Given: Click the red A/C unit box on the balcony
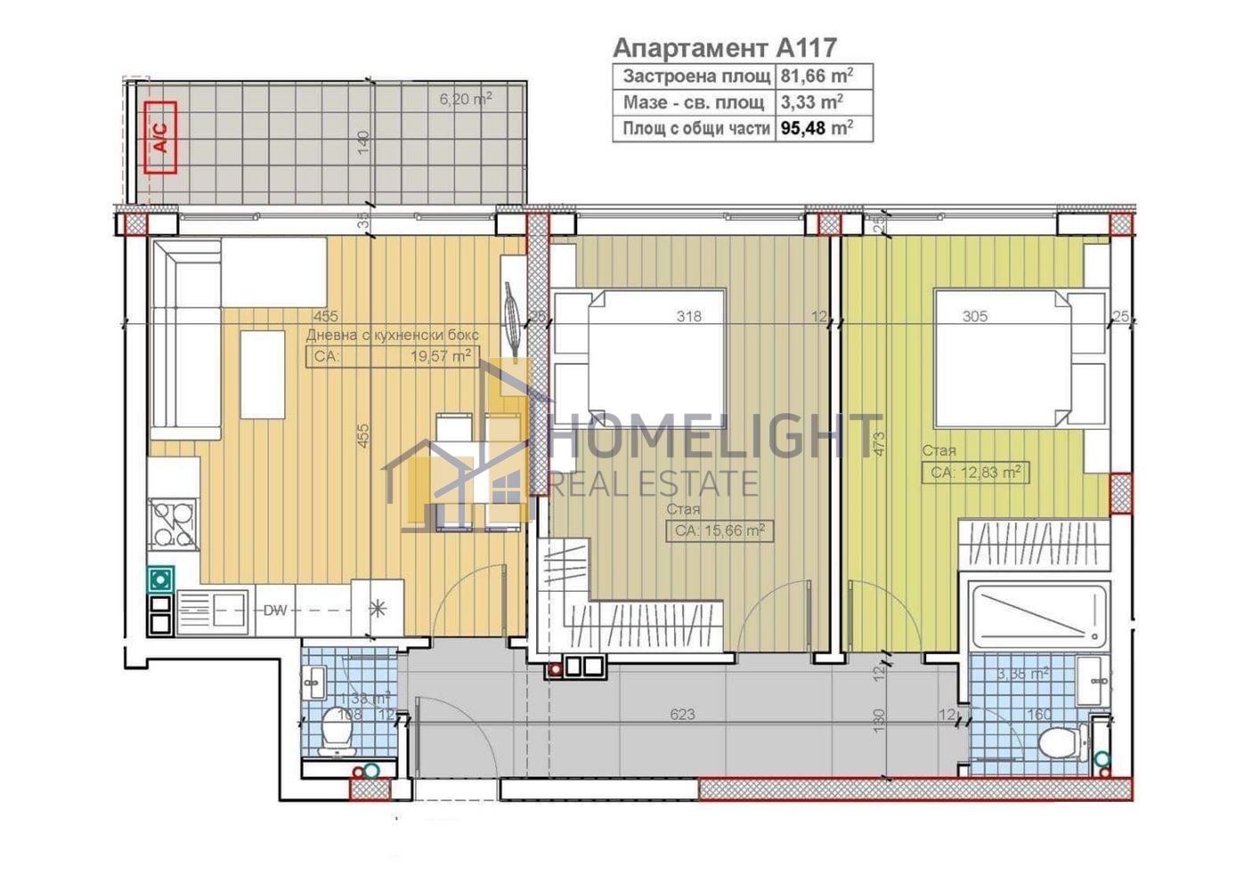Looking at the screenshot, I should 160,136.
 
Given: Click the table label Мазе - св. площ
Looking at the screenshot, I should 694,101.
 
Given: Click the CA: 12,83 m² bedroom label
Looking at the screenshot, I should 976,473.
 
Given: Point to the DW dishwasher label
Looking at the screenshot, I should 274,611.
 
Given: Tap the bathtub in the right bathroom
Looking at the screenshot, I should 1038,614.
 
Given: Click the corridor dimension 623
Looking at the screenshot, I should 683,715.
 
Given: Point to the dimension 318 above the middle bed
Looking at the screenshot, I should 688,316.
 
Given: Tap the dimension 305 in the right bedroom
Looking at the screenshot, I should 975,316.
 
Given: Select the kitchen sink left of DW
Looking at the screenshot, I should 215,610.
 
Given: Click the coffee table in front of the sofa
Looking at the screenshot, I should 262,374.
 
